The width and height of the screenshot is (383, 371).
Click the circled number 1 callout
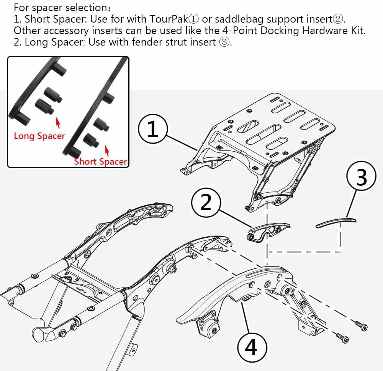152,130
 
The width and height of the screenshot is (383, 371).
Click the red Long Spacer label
39,136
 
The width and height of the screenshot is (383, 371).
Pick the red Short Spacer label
100,161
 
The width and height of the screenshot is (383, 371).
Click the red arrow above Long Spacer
57,122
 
